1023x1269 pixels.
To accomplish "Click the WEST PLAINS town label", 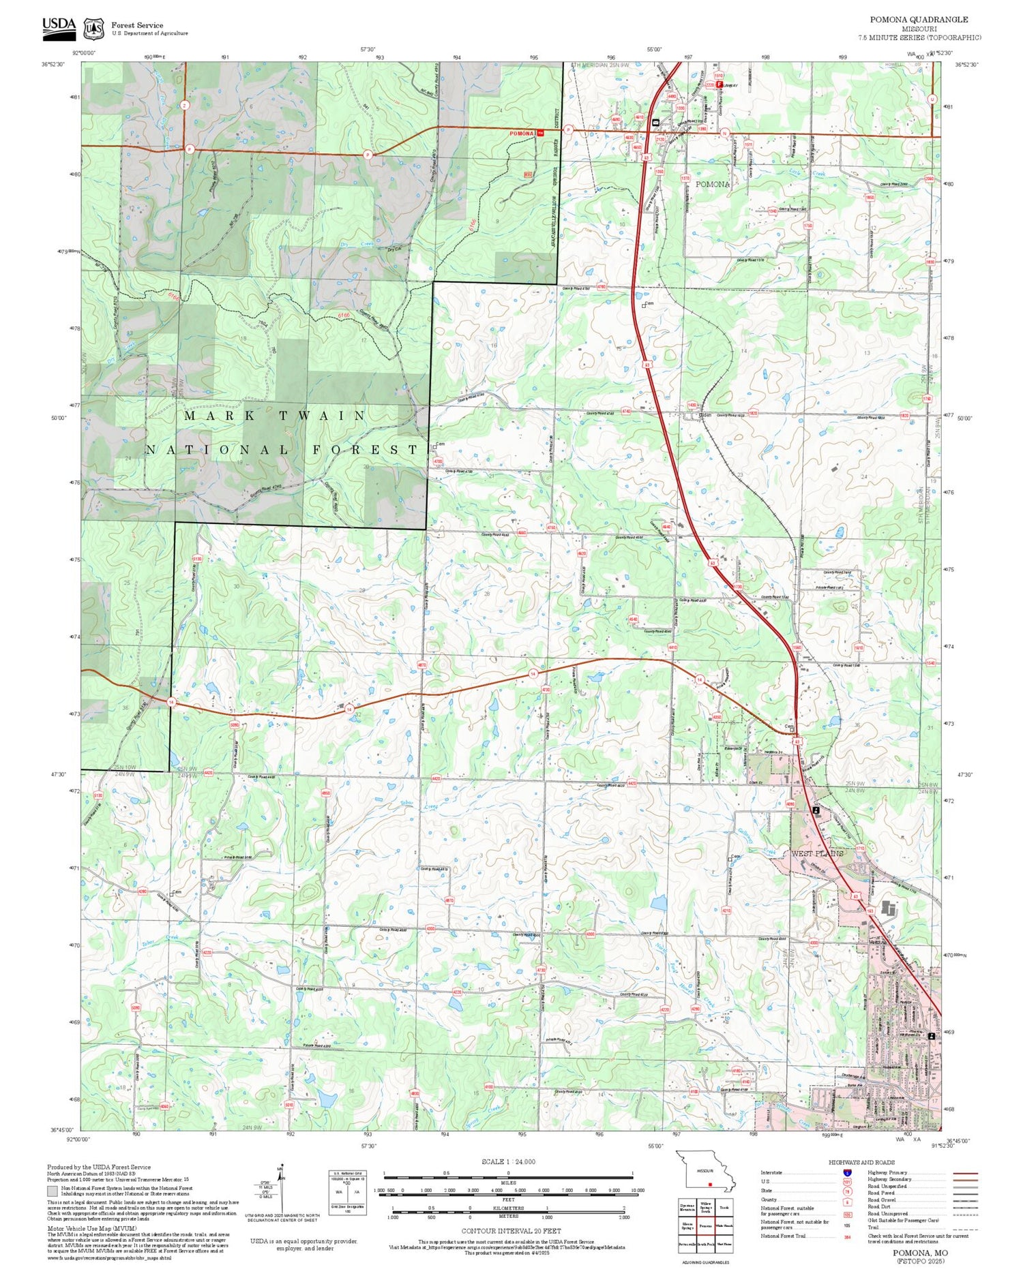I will coord(817,853).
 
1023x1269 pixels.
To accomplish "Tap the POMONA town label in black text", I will coord(713,184).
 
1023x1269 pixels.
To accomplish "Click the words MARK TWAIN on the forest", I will coord(276,415).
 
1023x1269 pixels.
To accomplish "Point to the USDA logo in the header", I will coord(59,26).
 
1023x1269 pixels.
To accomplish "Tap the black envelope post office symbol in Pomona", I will coord(655,123).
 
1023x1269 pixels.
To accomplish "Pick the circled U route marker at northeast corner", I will coord(932,99).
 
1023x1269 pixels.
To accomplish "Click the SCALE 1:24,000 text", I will coord(508,1162).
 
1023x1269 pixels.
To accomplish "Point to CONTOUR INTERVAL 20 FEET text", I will coord(511,1231).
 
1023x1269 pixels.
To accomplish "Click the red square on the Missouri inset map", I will coord(710,1184).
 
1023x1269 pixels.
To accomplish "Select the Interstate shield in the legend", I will coord(847,1172).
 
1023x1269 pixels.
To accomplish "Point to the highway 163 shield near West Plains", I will coord(870,911).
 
